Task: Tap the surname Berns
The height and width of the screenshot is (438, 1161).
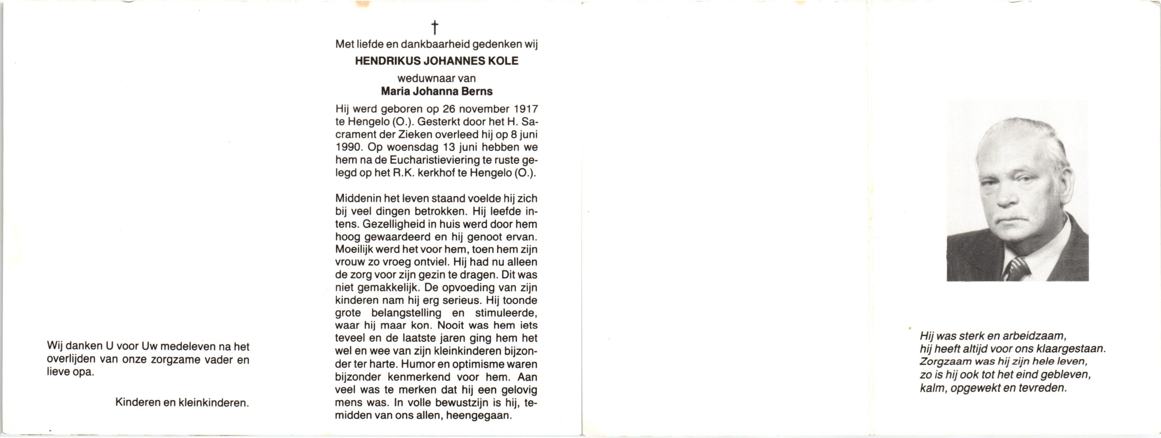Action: point(478,92)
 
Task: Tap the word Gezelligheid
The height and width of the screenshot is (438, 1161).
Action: point(388,224)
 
